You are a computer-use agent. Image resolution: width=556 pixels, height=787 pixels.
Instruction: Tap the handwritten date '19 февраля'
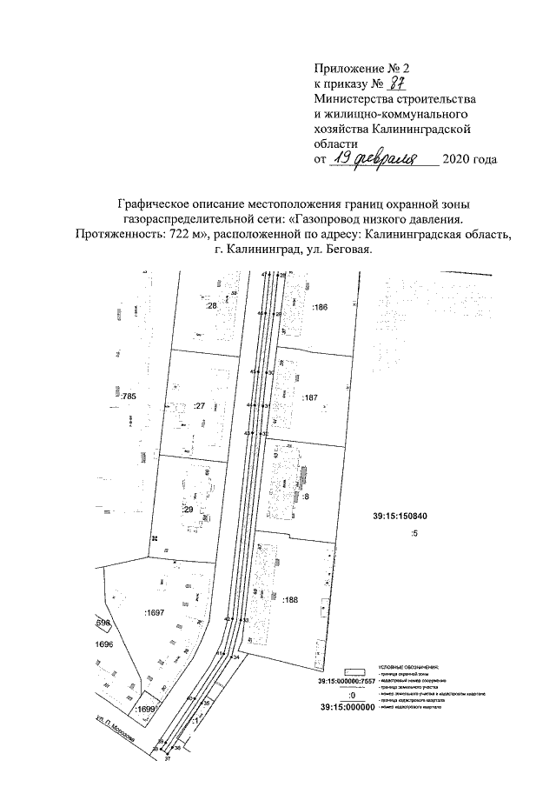(382, 158)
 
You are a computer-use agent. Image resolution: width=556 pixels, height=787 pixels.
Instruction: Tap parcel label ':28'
(210, 306)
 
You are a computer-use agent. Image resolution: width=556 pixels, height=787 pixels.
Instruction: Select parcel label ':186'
(321, 308)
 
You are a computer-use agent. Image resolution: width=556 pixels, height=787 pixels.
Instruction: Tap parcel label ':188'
(314, 599)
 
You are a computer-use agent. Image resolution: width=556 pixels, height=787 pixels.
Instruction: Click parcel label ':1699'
(146, 710)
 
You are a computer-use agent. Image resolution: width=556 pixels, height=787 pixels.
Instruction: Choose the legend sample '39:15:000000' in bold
(347, 707)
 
